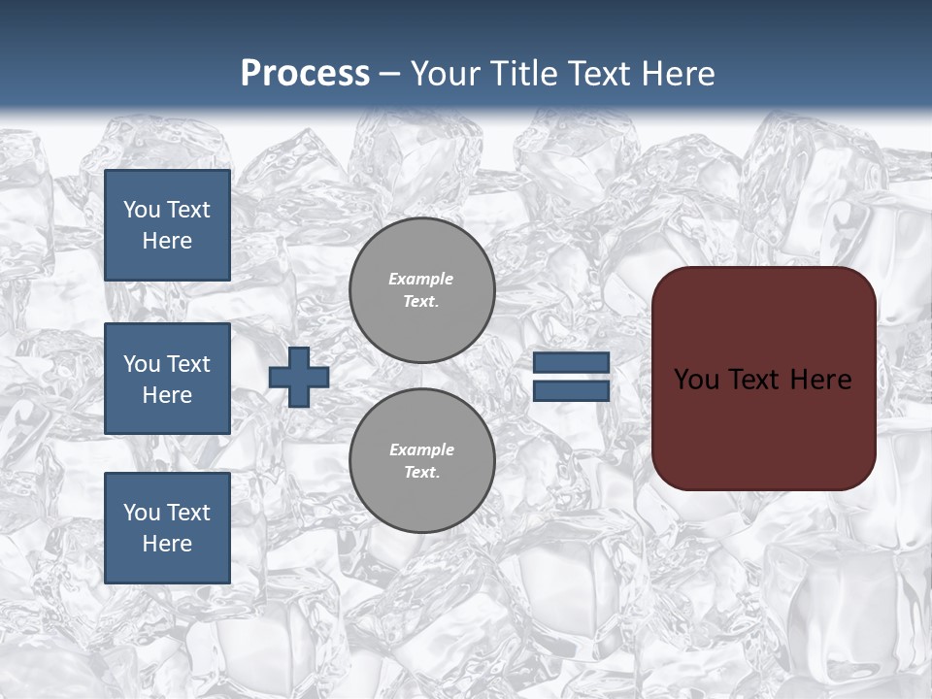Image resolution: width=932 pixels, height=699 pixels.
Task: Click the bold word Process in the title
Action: point(305,74)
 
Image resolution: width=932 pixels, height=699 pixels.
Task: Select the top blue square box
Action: point(167,225)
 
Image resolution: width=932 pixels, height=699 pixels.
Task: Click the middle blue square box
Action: point(167,379)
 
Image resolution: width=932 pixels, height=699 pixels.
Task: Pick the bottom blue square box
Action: point(167,528)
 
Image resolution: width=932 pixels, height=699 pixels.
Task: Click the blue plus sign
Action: point(299,377)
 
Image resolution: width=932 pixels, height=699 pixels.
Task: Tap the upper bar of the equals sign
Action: point(571,363)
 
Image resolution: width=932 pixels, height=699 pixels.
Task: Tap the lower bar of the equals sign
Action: point(571,390)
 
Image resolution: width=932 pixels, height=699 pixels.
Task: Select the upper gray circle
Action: point(422,290)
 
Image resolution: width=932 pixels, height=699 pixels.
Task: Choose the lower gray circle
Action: point(422,461)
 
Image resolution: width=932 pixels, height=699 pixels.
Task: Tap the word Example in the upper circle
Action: point(421,279)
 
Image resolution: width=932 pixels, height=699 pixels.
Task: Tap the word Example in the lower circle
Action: point(421,449)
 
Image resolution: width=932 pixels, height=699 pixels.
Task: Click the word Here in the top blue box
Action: point(167,241)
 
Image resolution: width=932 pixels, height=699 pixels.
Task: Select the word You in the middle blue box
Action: point(142,364)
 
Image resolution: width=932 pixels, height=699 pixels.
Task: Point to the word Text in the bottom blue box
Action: point(188,513)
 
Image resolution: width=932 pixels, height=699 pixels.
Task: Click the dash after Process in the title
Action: point(390,74)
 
